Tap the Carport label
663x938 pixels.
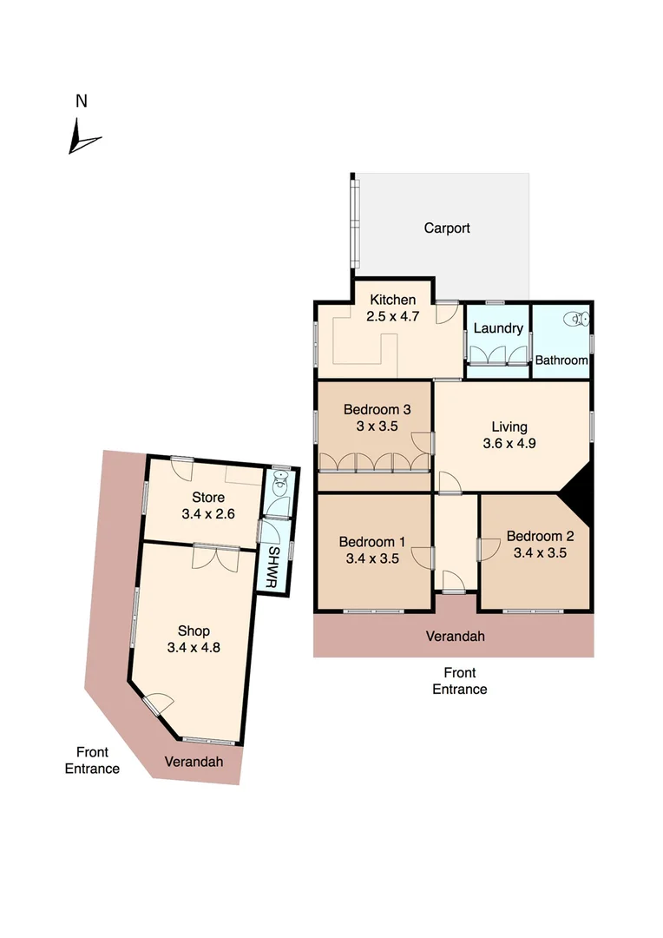(447, 228)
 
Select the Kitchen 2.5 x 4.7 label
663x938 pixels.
(392, 308)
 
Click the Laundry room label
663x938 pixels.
(498, 328)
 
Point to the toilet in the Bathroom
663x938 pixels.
(577, 320)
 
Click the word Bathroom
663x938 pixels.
(561, 360)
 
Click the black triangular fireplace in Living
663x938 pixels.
(577, 496)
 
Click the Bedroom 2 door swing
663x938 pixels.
(488, 549)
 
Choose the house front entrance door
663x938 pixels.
(453, 580)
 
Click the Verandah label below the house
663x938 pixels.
(455, 637)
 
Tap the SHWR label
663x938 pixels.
(272, 569)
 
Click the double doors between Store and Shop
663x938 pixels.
(215, 556)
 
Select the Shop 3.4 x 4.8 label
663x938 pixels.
(194, 638)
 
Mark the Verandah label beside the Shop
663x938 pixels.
(194, 762)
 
